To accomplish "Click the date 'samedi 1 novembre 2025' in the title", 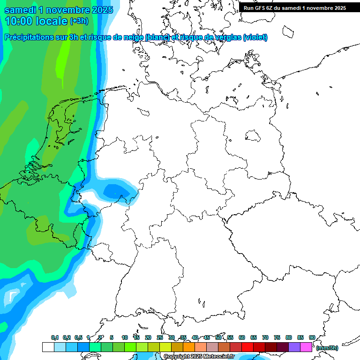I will tap(59, 10).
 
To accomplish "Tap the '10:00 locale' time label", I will tap(36, 21).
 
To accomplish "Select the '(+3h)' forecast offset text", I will tap(79, 21).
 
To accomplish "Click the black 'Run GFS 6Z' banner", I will tap(295, 7).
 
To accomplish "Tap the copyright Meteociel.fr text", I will tap(199, 357).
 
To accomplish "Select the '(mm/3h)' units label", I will tap(327, 348).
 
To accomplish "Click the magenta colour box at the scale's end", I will tap(306, 347).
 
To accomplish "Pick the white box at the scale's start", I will tap(48, 347).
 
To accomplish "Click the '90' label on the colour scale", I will tap(312, 337).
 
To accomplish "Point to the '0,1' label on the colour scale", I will tap(55, 337).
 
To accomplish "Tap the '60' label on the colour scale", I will tap(242, 337).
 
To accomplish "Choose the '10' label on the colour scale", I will tap(125, 337).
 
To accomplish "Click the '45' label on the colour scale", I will tap(207, 337).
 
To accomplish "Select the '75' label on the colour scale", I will tap(277, 337).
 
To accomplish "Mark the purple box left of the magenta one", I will tap(294, 347).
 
